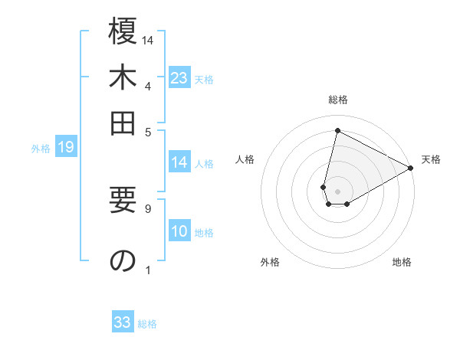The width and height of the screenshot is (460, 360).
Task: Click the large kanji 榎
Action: (x=123, y=34)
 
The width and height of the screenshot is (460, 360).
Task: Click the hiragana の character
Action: (x=123, y=261)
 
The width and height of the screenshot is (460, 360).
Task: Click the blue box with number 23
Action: (x=179, y=78)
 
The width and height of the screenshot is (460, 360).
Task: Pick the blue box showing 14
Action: (x=179, y=162)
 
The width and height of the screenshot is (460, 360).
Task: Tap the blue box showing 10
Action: (x=179, y=232)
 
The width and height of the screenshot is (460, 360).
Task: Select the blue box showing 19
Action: (x=66, y=148)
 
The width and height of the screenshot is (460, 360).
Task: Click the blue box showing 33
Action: (x=123, y=322)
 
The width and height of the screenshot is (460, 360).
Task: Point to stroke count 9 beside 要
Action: (x=147, y=207)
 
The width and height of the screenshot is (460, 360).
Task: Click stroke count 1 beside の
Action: (x=147, y=270)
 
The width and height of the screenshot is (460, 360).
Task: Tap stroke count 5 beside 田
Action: (x=147, y=131)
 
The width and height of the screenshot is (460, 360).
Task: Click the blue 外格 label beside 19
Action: (x=41, y=149)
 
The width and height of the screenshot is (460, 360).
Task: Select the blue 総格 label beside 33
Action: (x=147, y=324)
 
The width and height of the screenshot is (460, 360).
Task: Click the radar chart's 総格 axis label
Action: (x=337, y=100)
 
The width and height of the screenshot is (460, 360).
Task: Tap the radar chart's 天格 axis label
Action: (x=431, y=159)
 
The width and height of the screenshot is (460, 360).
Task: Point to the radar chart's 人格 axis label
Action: (x=245, y=159)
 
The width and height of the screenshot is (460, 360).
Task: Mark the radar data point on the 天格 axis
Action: (x=411, y=168)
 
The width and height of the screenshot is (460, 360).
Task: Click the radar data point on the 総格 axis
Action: (x=337, y=130)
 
